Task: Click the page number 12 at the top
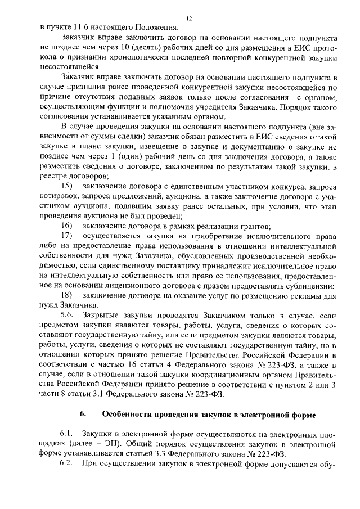pyautogui.click(x=189, y=19)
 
